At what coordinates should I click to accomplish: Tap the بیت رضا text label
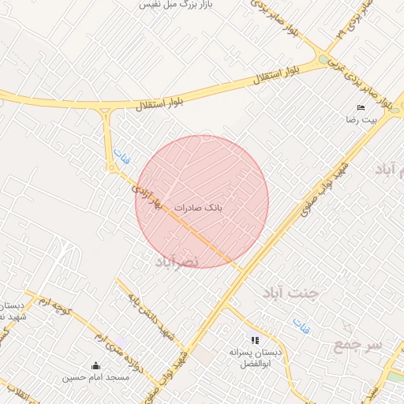361,120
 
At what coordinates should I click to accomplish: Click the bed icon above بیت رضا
361,107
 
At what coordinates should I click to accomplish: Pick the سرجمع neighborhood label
357,345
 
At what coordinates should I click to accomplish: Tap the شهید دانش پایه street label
148,309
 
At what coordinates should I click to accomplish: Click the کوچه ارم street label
58,307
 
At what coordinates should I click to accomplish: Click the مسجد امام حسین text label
96,378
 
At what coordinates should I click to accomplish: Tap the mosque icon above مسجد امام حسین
96,365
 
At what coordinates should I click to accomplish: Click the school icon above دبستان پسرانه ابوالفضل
254,339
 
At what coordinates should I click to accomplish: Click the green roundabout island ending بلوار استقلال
323,59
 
